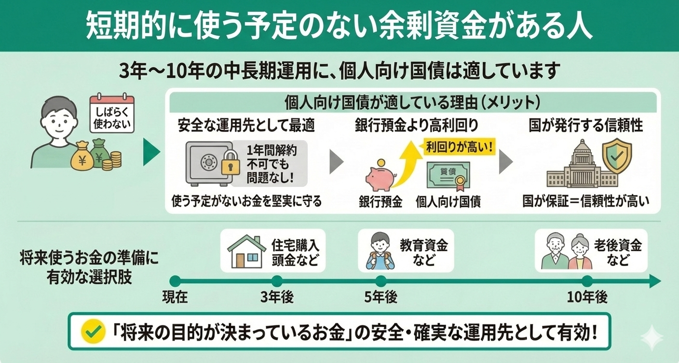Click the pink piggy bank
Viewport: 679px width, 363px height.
coord(380,178)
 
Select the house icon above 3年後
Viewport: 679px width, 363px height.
coord(246,252)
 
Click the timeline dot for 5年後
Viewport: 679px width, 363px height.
coord(380,281)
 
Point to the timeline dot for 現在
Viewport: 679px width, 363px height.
coord(175,281)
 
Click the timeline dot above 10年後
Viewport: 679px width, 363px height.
coord(587,281)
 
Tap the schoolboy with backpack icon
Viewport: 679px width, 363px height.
coord(380,252)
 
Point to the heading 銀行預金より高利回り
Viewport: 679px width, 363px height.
coord(416,126)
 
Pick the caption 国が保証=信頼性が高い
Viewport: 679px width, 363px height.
coord(585,201)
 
